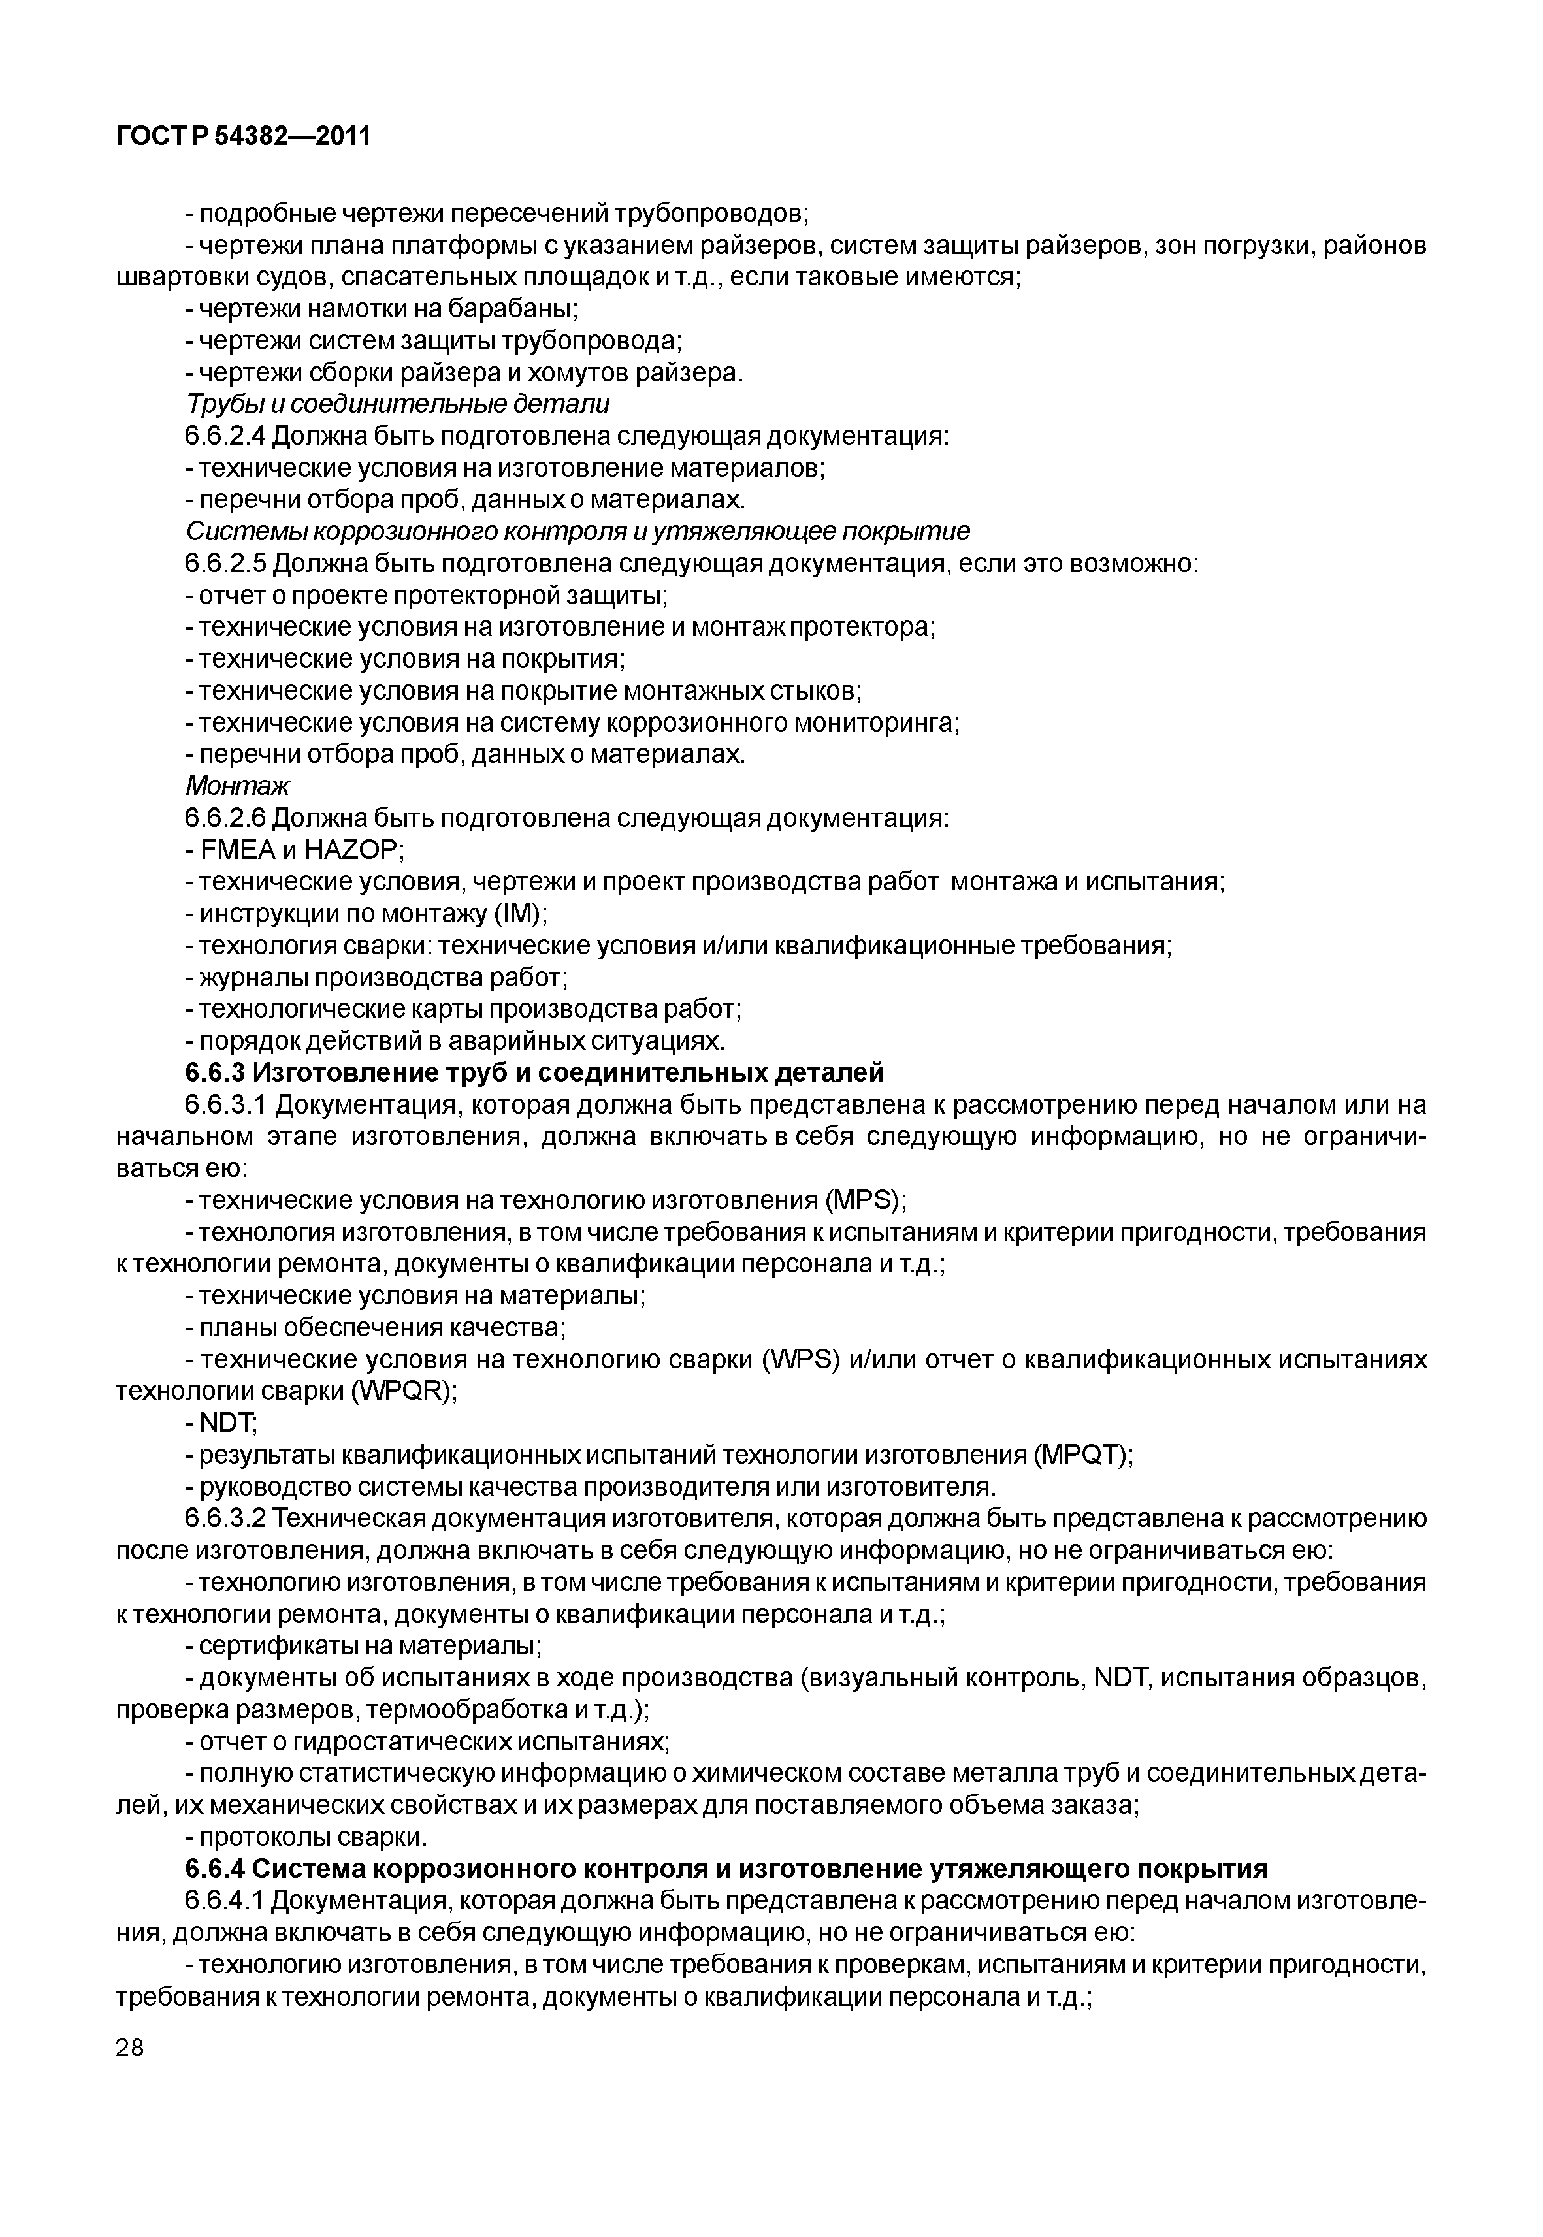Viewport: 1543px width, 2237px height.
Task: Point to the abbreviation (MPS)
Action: [x=864, y=1200]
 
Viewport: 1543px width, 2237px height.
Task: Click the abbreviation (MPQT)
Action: [x=1082, y=1455]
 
